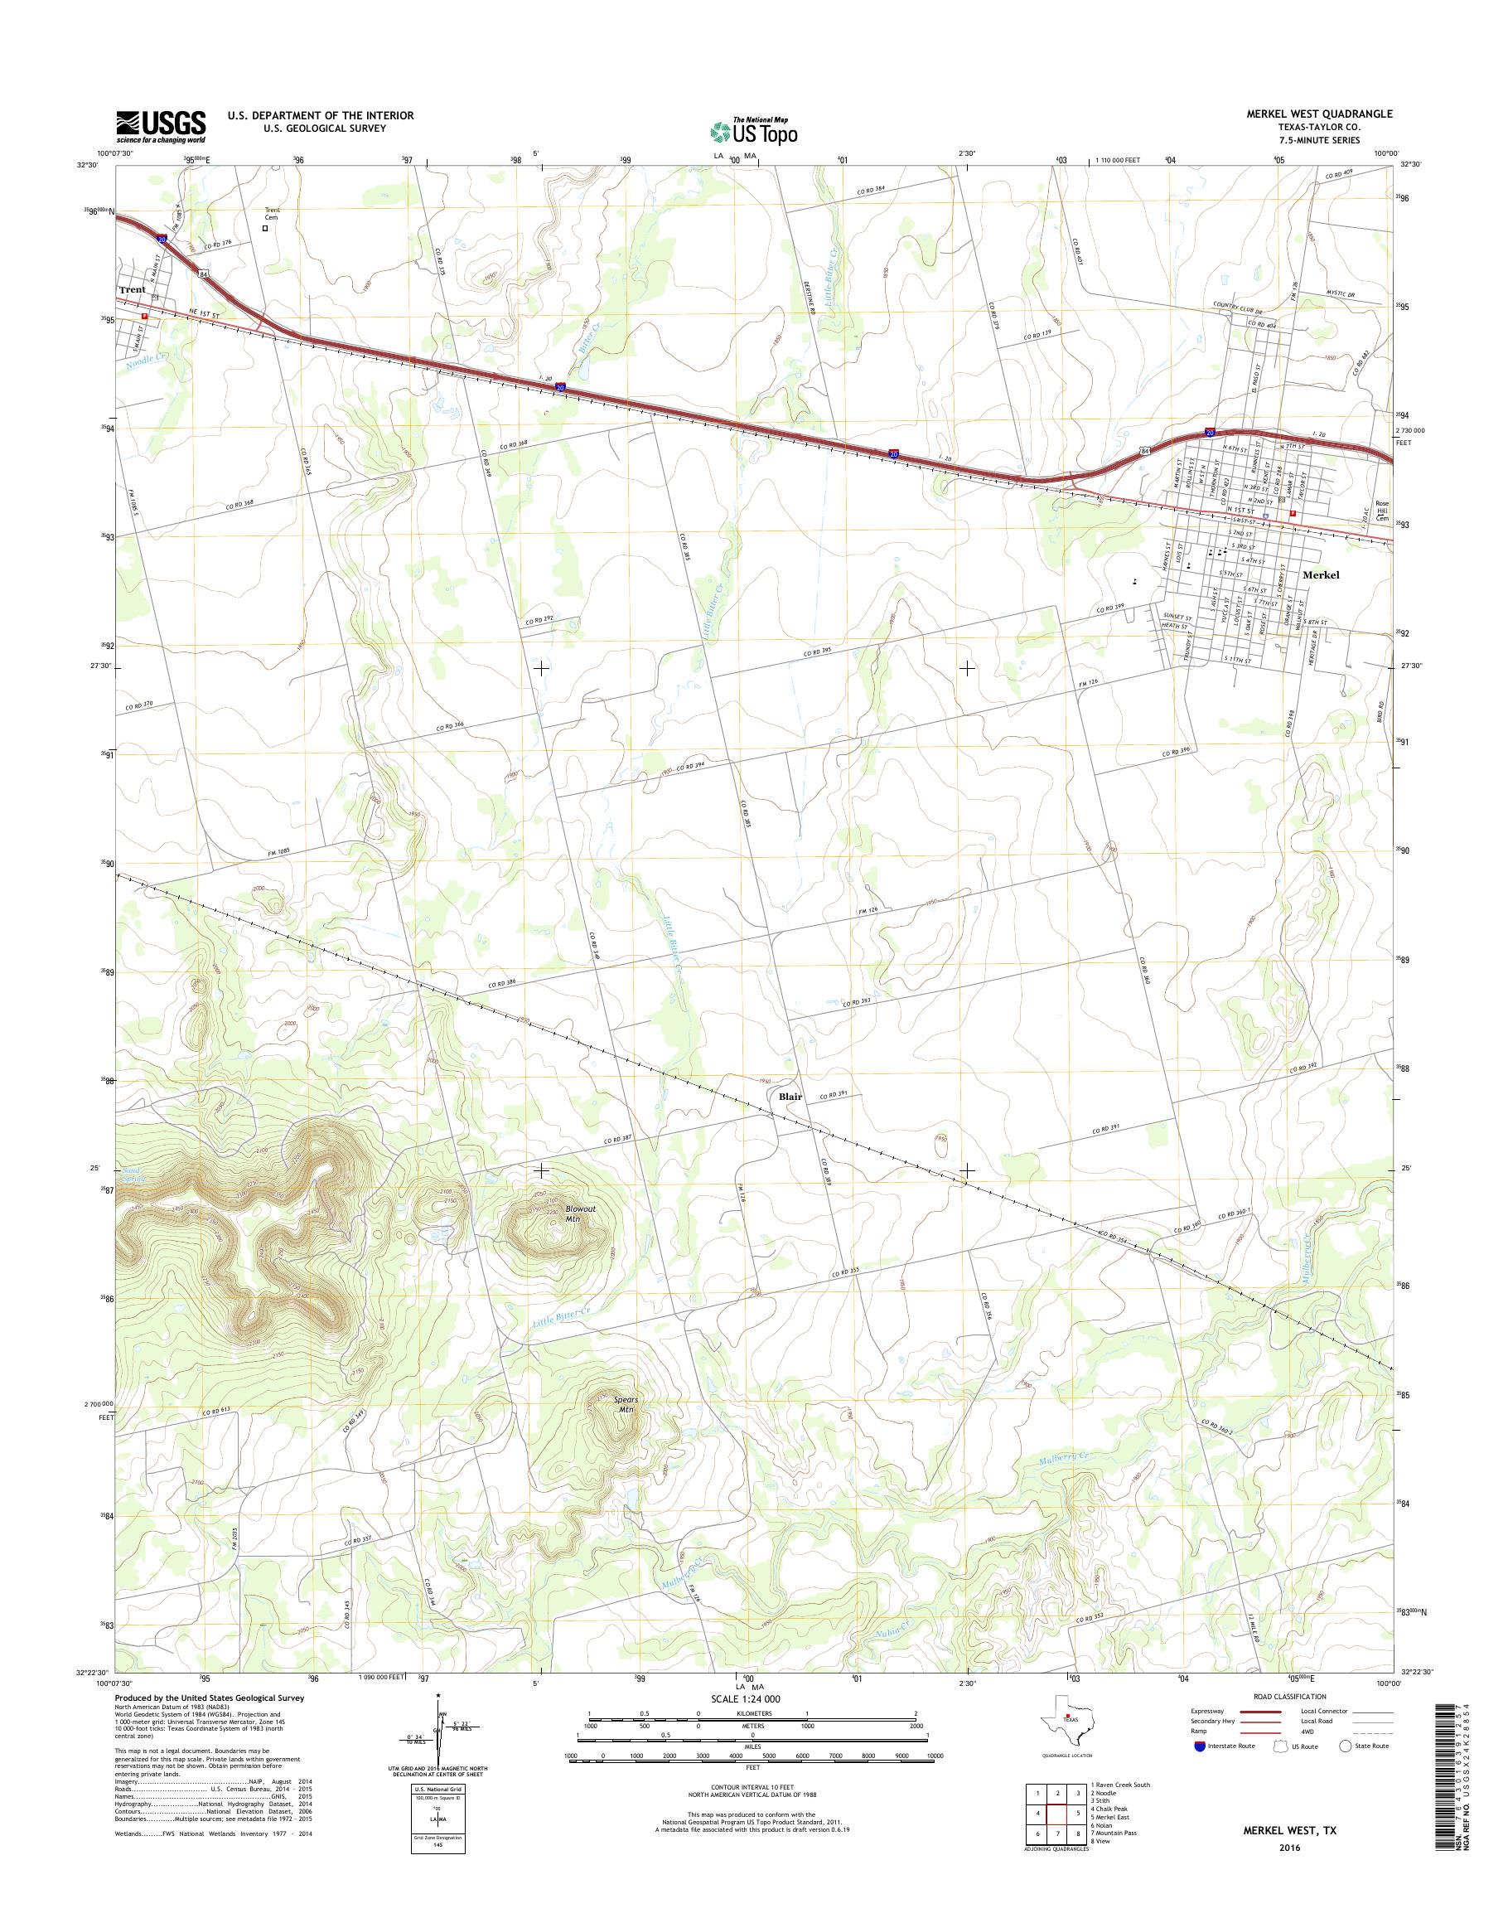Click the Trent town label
coord(133,290)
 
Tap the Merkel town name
coord(1321,575)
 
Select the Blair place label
coord(790,1097)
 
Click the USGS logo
coord(161,126)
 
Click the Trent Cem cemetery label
coord(272,215)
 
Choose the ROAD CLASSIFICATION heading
coord(1289,1696)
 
